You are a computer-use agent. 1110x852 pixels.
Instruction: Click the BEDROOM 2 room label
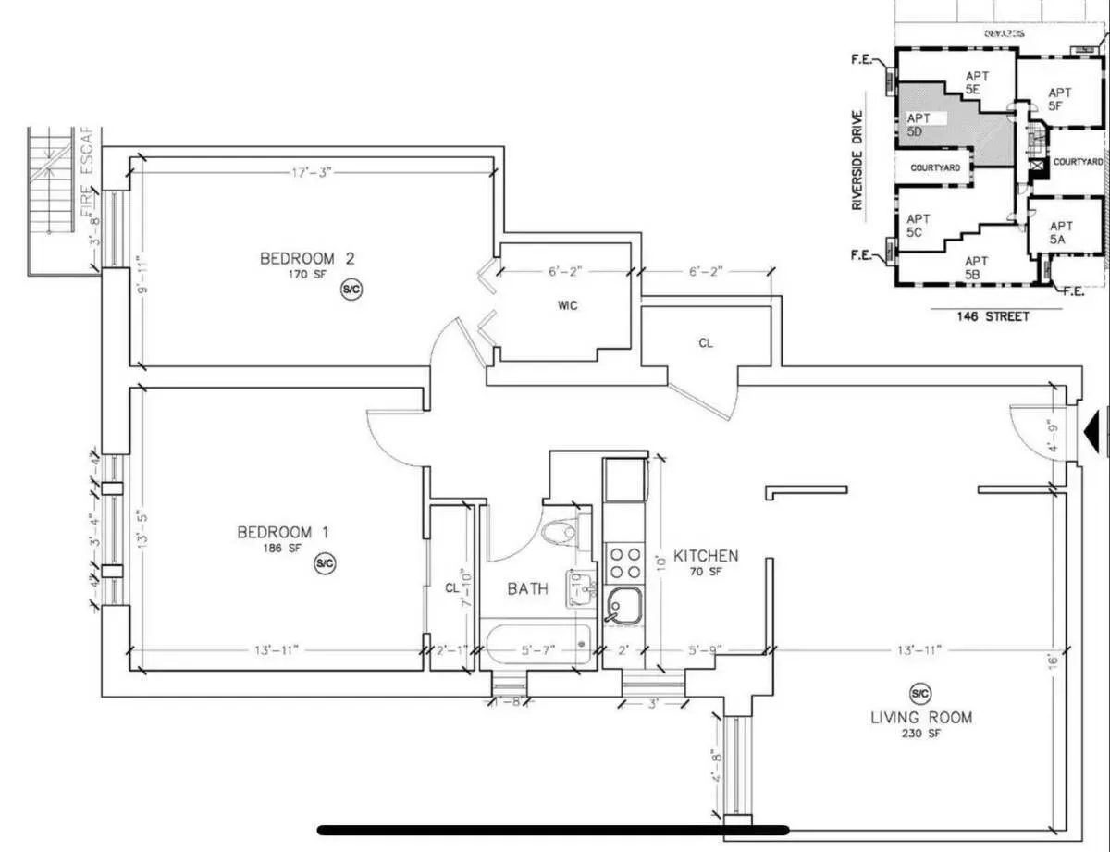pos(297,258)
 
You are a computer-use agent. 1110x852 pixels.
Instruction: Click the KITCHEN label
pos(705,556)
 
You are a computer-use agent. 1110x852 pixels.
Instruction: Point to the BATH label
pos(527,588)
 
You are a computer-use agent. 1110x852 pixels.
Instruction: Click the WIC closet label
pos(568,305)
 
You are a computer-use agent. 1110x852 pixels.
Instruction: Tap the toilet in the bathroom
pos(561,533)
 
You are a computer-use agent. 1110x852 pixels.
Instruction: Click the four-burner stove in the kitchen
pos(625,561)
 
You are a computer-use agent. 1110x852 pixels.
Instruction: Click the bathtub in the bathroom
pos(536,644)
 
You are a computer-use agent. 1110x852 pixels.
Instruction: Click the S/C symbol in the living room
pos(919,693)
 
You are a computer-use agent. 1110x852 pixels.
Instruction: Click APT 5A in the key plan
pos(1060,231)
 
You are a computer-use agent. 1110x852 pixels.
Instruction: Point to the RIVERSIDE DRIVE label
pos(857,161)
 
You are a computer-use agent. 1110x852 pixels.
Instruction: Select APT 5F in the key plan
pos(1059,99)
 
